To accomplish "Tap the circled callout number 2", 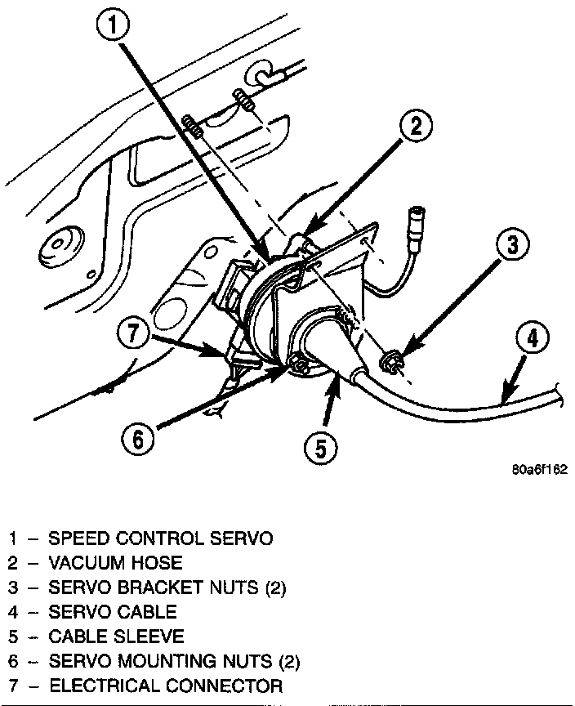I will (x=416, y=126).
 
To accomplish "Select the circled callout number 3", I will (x=510, y=245).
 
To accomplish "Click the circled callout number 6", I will (x=136, y=440).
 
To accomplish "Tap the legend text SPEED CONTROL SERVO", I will (x=160, y=538).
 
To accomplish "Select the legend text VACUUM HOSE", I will (x=115, y=563).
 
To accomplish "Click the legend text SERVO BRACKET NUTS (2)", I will (x=167, y=588).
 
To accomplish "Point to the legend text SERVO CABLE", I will (x=112, y=612).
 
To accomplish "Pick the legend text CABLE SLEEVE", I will (x=116, y=637).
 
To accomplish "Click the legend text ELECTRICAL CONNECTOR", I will (x=166, y=686).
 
